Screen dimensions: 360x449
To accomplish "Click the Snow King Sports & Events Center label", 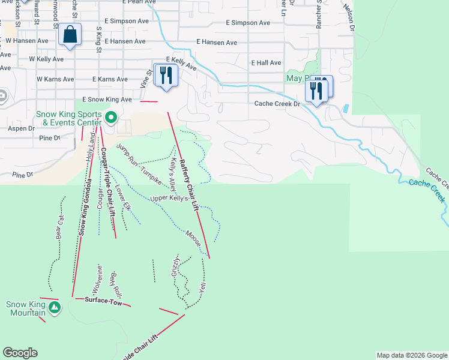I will pyautogui.click(x=70, y=119).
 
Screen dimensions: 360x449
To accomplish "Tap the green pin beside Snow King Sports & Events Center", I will pyautogui.click(x=110, y=117).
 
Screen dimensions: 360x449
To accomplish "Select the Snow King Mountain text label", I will pyautogui.click(x=26, y=308).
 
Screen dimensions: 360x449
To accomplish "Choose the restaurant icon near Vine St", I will pyautogui.click(x=165, y=75).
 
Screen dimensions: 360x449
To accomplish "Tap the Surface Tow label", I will pyautogui.click(x=103, y=301).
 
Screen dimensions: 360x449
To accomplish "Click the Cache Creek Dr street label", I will pyautogui.click(x=277, y=104).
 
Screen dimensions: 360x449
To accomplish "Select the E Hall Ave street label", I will pyautogui.click(x=266, y=62).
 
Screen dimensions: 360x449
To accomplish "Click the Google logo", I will pyautogui.click(x=20, y=353).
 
